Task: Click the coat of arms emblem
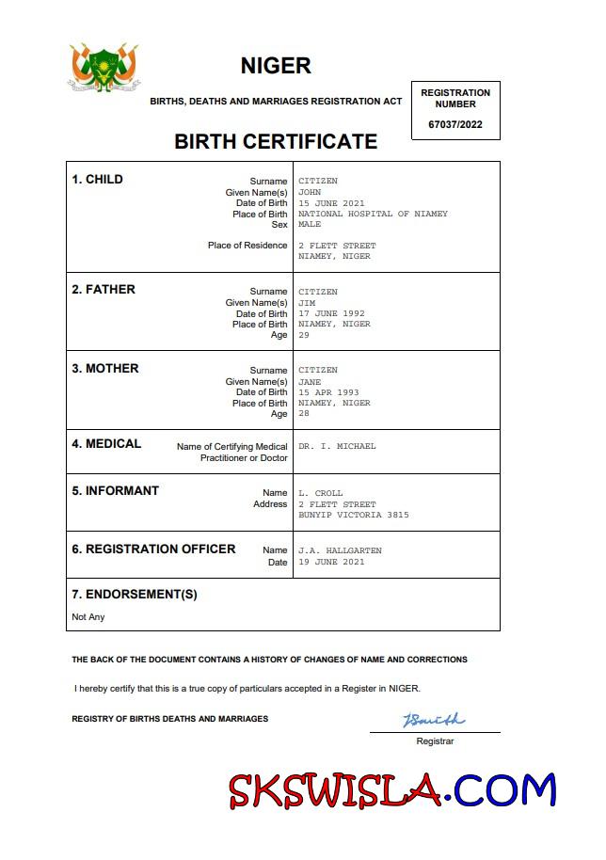[104, 68]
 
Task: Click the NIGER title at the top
[276, 66]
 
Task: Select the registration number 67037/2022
[455, 124]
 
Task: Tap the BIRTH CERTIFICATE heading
[276, 142]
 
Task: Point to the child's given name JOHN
[310, 192]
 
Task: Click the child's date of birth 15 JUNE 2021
[331, 203]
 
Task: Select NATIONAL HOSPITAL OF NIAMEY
[373, 214]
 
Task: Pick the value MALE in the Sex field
[310, 225]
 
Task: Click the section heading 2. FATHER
[104, 290]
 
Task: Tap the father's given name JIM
[307, 303]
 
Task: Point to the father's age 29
[304, 335]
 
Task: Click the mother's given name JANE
[310, 382]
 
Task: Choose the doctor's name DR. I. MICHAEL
[337, 446]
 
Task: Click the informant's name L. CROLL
[321, 493]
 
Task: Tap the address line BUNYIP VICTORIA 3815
[354, 515]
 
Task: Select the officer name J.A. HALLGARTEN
[340, 550]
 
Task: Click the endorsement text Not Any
[88, 617]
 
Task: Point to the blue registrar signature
[434, 721]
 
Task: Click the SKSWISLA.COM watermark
[392, 790]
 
